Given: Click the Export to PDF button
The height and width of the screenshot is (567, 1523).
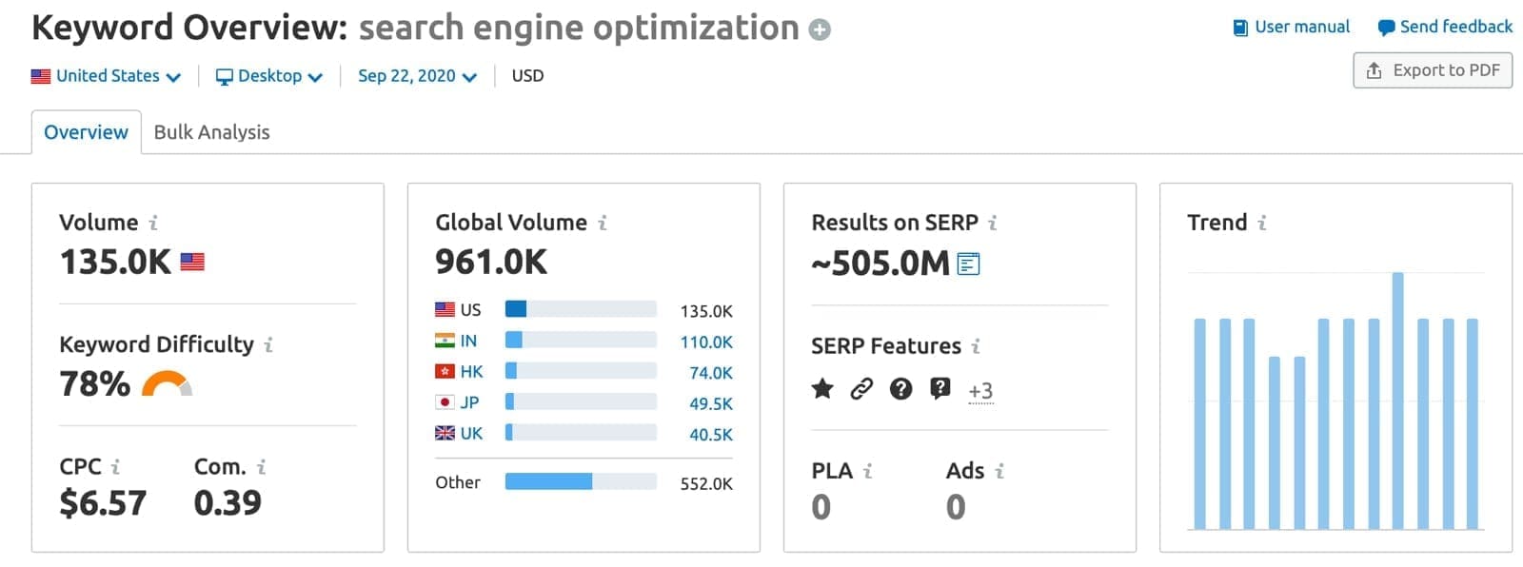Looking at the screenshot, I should click(x=1433, y=70).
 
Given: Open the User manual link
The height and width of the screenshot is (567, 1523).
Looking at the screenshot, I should click(x=1292, y=27).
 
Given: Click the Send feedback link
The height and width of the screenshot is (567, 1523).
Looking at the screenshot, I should click(x=1445, y=27).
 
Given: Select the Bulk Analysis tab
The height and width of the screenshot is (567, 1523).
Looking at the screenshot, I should click(x=211, y=132).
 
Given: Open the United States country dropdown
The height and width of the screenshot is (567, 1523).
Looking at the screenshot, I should click(x=106, y=76).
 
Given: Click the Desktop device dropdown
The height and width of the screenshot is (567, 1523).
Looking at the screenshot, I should click(x=269, y=76).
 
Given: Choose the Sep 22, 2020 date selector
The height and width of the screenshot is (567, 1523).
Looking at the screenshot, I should click(x=417, y=76).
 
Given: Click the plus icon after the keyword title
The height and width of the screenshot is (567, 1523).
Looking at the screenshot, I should click(x=820, y=30).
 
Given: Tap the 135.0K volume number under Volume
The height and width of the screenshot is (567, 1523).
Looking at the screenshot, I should click(x=115, y=262).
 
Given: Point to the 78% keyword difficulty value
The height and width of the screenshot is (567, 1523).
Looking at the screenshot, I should click(x=94, y=383).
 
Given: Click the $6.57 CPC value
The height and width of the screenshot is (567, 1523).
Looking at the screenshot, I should click(x=103, y=502).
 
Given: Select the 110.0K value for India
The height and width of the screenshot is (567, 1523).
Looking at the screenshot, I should click(x=706, y=342).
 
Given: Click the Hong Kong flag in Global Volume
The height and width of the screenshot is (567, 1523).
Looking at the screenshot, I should click(x=445, y=371).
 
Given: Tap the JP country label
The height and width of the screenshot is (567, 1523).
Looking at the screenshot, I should click(x=469, y=402).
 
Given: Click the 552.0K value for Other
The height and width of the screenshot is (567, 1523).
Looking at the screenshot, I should click(x=706, y=483).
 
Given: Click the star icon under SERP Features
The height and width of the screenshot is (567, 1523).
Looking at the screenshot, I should click(x=822, y=388).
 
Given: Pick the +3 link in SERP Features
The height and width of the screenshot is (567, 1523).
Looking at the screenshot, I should click(x=980, y=390).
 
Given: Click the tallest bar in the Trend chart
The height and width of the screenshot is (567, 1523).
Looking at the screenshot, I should click(x=1397, y=400).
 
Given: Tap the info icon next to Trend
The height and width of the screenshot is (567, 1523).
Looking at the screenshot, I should click(x=1262, y=223).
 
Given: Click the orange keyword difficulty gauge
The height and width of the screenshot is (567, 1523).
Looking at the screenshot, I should click(x=167, y=383).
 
